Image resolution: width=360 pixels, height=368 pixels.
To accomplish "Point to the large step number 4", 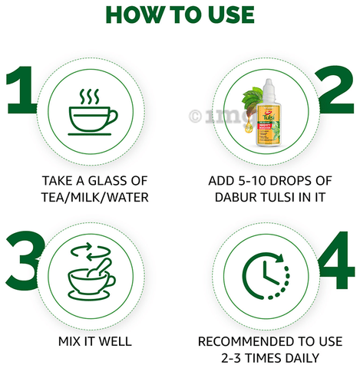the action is pyautogui.click(x=336, y=260).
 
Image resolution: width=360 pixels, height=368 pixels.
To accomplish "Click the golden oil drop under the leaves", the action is pyautogui.click(x=248, y=128).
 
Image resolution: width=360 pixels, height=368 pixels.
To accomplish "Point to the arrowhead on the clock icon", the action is pyautogui.click(x=280, y=258).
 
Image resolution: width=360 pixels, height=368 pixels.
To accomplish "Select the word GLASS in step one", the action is pyautogui.click(x=106, y=181).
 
